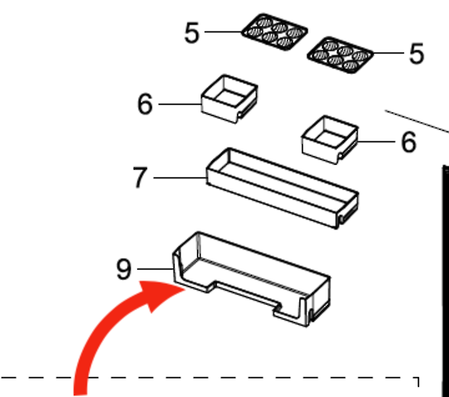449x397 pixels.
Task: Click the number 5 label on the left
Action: coord(191,33)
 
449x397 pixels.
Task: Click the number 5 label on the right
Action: coord(417,53)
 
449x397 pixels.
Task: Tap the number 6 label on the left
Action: coord(145,104)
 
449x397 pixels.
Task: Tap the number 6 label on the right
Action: coord(409,141)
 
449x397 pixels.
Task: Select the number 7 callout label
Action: coord(141,177)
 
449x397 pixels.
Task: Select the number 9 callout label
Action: coord(124,269)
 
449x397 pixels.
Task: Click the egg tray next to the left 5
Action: coord(274,32)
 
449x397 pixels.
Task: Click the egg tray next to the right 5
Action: coord(340,55)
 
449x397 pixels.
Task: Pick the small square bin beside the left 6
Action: coord(229,99)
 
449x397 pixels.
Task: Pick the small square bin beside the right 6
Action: coord(329,140)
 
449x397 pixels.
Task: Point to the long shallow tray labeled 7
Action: coord(283,188)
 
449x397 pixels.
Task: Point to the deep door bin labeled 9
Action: coord(251,279)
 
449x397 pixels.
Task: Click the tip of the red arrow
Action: coord(185,290)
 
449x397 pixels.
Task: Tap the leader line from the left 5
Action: coord(224,32)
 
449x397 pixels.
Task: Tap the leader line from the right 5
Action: coord(388,53)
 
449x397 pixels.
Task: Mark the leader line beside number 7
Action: coord(180,178)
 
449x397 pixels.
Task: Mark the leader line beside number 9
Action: coord(155,269)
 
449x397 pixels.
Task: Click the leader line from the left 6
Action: coord(180,104)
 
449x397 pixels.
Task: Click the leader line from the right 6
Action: coord(376,141)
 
